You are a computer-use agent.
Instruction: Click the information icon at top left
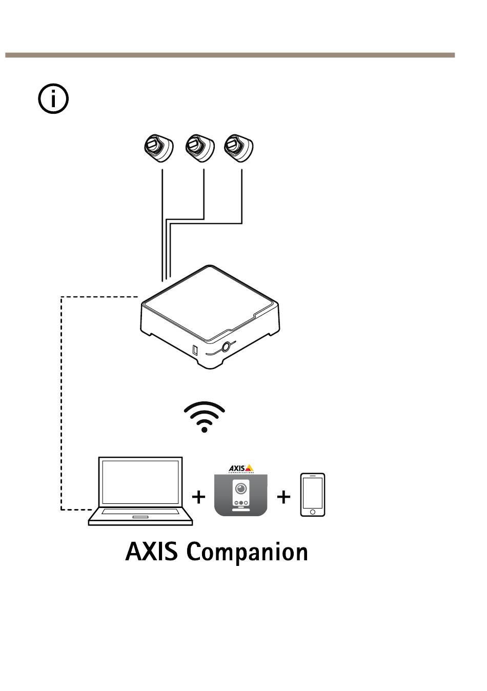point(53,99)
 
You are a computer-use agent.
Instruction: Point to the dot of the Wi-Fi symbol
point(205,430)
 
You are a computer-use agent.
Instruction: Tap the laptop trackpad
point(140,517)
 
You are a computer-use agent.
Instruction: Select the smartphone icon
point(313,495)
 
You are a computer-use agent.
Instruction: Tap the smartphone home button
point(313,512)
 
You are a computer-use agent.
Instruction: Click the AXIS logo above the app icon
point(241,469)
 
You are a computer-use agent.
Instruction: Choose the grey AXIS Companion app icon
point(240,495)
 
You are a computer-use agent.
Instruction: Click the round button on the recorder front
point(225,347)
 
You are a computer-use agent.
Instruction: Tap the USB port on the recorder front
point(195,351)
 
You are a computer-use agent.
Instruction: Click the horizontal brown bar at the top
point(230,55)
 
